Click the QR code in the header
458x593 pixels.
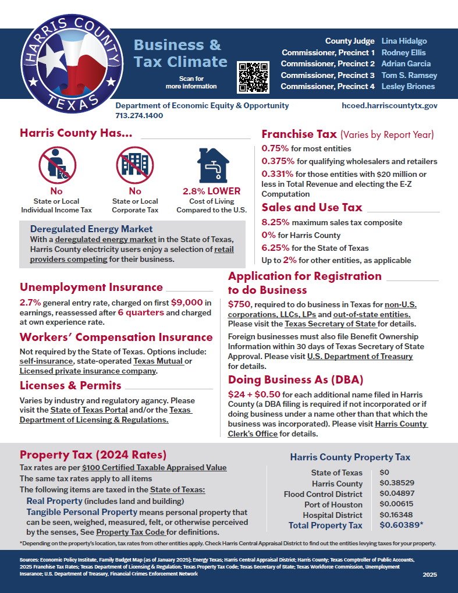point(253,77)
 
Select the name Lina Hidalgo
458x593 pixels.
point(404,41)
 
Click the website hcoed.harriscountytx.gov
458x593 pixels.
point(397,106)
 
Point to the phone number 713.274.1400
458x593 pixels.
point(139,115)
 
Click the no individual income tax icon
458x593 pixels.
point(56,165)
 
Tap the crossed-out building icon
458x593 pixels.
point(135,165)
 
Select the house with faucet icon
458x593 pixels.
point(211,165)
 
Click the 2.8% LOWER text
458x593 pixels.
point(211,191)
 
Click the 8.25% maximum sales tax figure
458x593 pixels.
point(275,222)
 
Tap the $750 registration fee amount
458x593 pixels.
point(239,304)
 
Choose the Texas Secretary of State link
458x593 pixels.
point(331,324)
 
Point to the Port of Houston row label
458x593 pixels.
point(333,505)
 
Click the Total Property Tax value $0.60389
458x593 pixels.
point(401,525)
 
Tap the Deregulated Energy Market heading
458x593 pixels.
point(91,229)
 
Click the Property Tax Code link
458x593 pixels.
point(131,532)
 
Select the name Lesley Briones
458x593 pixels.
point(408,86)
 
